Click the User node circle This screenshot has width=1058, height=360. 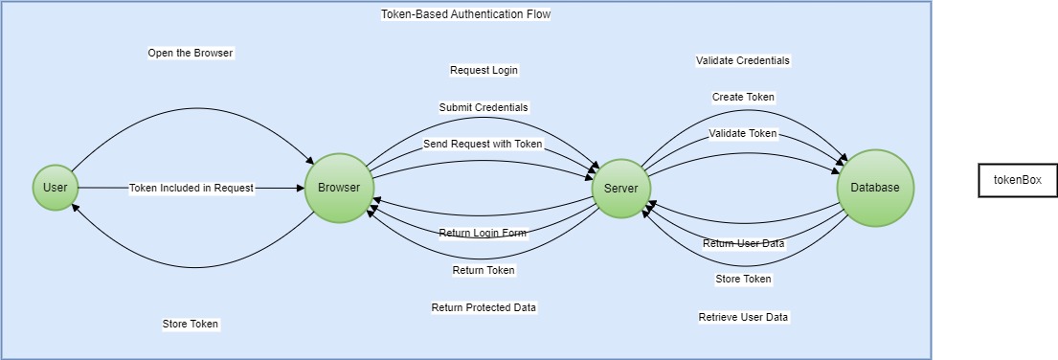(x=56, y=188)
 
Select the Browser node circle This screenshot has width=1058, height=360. (x=339, y=188)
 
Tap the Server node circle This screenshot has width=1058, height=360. (x=620, y=188)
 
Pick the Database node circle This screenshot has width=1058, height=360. (x=875, y=188)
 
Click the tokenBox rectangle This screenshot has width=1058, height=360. (x=1017, y=180)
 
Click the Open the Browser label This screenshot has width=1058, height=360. (x=190, y=53)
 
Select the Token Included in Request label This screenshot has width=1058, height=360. (x=191, y=189)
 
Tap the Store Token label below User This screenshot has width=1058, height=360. (x=191, y=324)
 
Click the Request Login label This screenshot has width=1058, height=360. (x=484, y=70)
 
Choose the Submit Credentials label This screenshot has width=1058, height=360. (x=484, y=107)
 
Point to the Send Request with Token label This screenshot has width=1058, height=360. (x=483, y=144)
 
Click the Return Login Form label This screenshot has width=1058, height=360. (x=483, y=233)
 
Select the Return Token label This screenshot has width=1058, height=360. (x=484, y=270)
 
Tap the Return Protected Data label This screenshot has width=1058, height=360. (x=484, y=307)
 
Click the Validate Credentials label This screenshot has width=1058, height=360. (x=743, y=60)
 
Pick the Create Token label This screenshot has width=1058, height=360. (x=743, y=97)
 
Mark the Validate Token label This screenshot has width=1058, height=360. (x=743, y=133)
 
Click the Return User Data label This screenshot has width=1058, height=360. (x=743, y=243)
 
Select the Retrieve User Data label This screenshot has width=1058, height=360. (x=743, y=317)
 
